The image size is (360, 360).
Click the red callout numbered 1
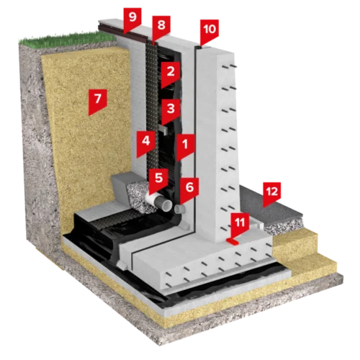tap(185, 146)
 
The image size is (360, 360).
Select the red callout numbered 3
tap(171, 110)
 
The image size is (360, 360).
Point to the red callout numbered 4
tap(146, 143)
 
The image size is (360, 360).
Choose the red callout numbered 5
tap(158, 179)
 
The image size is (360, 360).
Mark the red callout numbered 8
tap(161, 27)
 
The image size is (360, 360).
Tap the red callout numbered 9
tap(132, 19)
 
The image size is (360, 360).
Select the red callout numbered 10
tap(210, 31)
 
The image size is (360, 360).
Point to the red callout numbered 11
tap(240, 224)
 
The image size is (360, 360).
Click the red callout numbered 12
tap(272, 193)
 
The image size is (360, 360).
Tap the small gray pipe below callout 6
tap(180, 210)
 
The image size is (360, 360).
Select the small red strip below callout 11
tap(232, 241)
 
